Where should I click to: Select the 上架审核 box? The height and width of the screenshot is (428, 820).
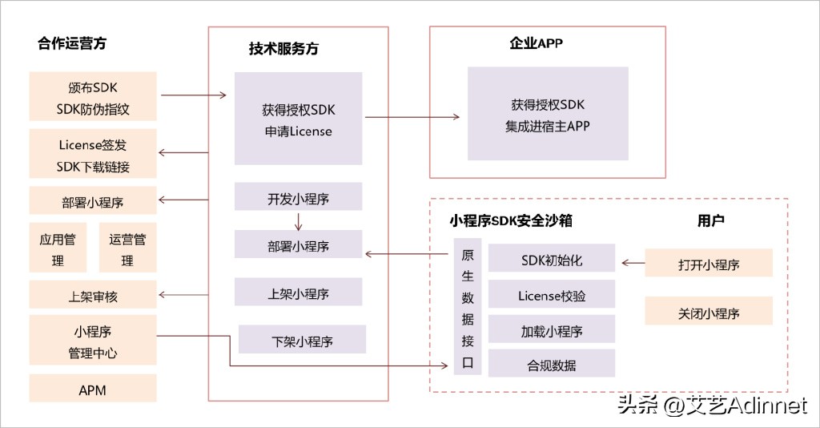click(x=92, y=295)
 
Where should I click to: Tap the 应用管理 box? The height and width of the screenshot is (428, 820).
click(x=58, y=249)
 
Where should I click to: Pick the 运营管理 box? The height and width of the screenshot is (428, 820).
click(x=127, y=249)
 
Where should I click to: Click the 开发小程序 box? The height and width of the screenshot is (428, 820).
click(x=298, y=197)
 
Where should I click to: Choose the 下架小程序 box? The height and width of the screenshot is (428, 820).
click(x=302, y=340)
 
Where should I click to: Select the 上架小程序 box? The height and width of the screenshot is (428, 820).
click(x=298, y=293)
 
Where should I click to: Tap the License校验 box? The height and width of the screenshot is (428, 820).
click(x=551, y=295)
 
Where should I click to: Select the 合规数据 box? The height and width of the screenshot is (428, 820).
click(x=551, y=364)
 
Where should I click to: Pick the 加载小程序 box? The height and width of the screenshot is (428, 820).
click(x=551, y=329)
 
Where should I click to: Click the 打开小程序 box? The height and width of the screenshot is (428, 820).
click(x=709, y=263)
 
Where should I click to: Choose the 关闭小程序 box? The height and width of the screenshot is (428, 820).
click(x=709, y=311)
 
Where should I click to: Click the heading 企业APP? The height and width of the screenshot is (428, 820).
click(x=536, y=44)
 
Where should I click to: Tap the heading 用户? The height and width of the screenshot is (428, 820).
click(x=710, y=220)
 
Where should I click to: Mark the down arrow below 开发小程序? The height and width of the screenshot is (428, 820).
click(x=298, y=220)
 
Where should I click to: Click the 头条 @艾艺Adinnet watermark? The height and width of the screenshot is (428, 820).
click(x=712, y=406)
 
